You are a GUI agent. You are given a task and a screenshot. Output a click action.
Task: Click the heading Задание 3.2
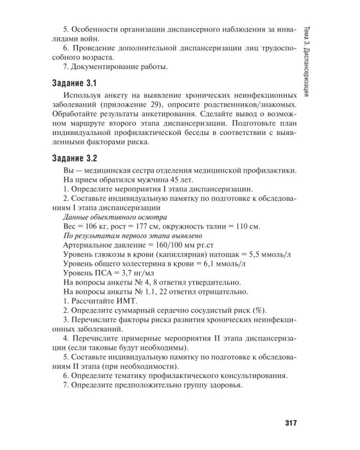tap(74, 159)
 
